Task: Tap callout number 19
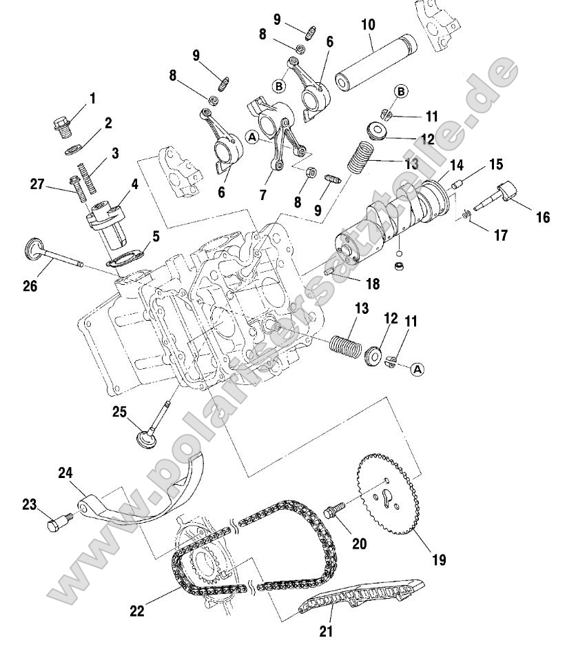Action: click(439, 559)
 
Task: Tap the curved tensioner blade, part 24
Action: click(148, 497)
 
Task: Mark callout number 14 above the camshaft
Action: click(456, 166)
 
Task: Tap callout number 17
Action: click(501, 235)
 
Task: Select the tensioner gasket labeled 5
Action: click(123, 260)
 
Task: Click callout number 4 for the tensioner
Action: click(134, 186)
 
